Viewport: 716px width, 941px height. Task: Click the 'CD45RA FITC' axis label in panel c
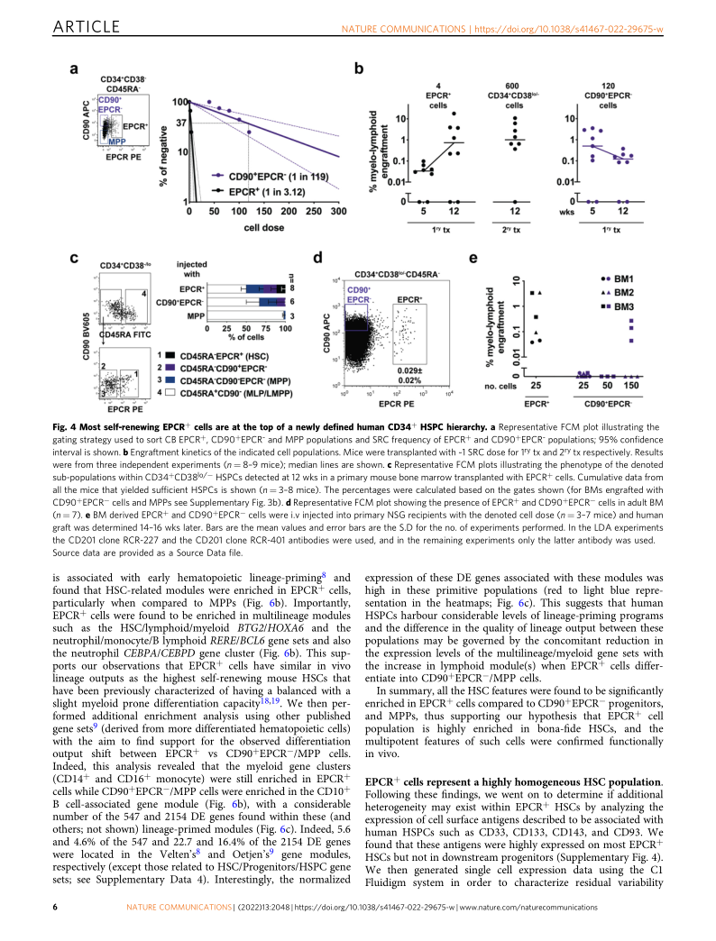tap(122, 333)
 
